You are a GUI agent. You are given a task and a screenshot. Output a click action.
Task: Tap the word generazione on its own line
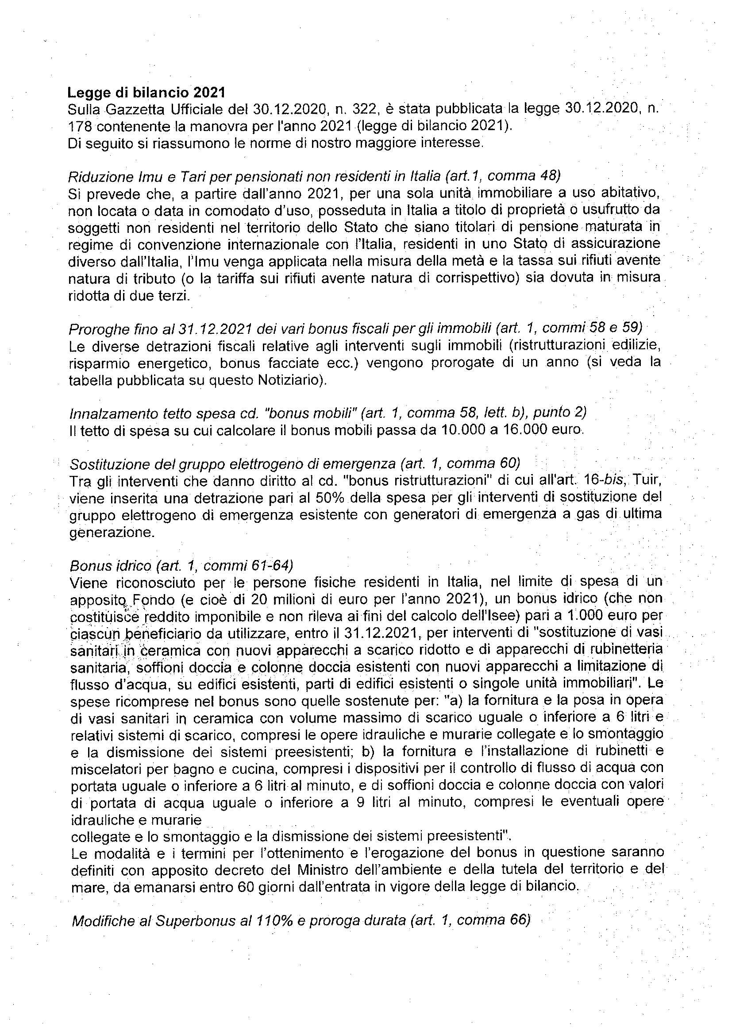pos(112,533)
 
